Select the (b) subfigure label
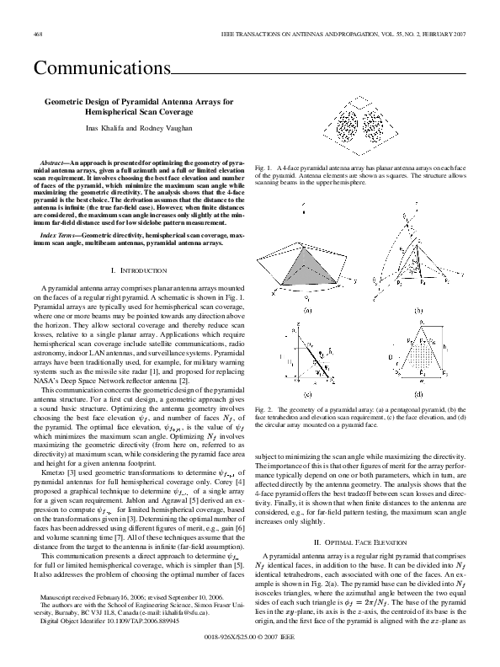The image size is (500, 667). (x=418, y=311)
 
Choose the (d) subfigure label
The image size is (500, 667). (x=418, y=394)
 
